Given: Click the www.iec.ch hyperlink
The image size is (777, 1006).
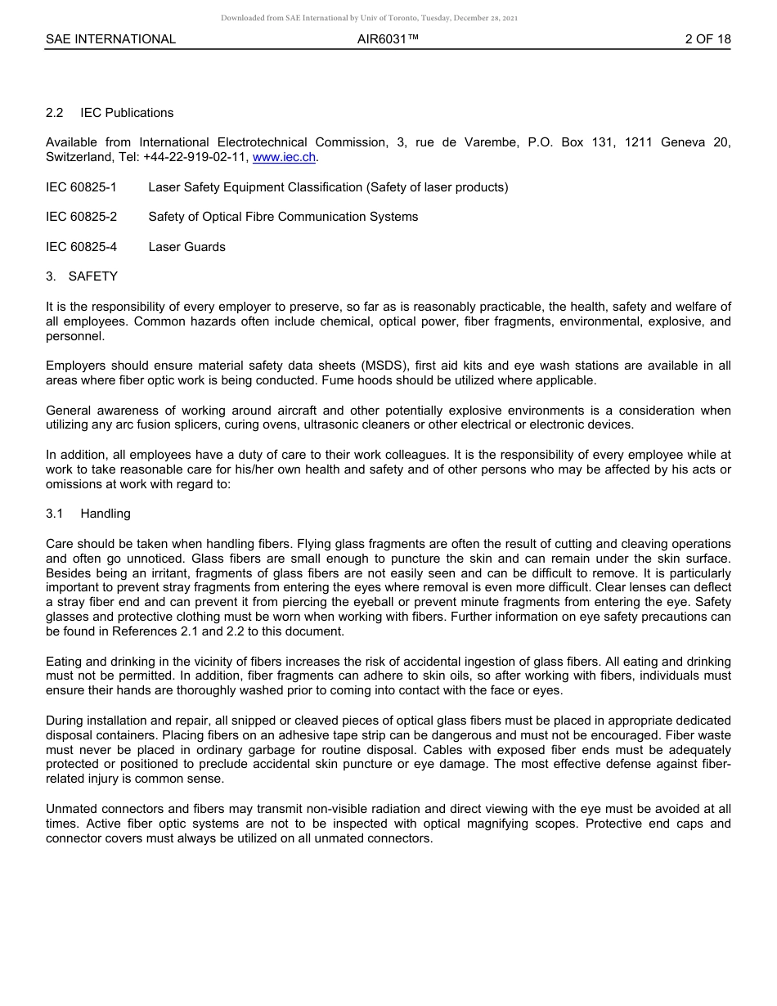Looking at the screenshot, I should (284, 157).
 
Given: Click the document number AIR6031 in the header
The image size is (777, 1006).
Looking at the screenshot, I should (388, 39).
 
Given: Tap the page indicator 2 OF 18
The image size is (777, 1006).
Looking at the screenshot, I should (707, 39).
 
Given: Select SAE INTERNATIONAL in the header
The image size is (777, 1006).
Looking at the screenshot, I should (110, 39).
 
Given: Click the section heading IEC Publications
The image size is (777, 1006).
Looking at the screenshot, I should (127, 113).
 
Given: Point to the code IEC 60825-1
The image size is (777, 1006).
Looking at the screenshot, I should (81, 187).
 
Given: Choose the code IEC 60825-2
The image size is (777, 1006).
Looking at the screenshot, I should (81, 217).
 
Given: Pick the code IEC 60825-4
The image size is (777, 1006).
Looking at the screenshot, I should (81, 247).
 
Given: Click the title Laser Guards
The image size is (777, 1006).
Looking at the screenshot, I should (186, 247).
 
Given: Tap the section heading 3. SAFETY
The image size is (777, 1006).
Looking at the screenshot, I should (82, 276).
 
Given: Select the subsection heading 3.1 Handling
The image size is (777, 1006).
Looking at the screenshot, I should (88, 514).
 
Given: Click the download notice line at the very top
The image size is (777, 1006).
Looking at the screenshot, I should (369, 17).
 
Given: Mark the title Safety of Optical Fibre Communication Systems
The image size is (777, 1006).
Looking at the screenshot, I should (283, 217).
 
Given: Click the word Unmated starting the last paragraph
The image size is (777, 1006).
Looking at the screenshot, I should (72, 809).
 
